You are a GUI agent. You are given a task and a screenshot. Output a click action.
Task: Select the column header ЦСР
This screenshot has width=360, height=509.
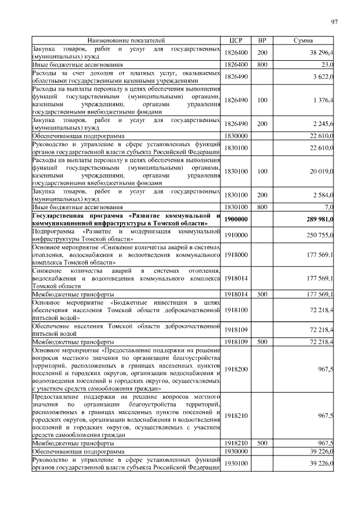tap(235, 41)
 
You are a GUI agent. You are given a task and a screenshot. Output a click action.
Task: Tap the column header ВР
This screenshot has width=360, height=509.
tap(262, 41)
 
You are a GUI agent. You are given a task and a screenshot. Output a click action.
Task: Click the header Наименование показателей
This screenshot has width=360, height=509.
tap(126, 41)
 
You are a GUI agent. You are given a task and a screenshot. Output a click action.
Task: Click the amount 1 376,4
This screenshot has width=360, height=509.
tap(322, 100)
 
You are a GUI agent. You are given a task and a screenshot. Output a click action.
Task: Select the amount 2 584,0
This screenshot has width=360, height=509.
tap(322, 195)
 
